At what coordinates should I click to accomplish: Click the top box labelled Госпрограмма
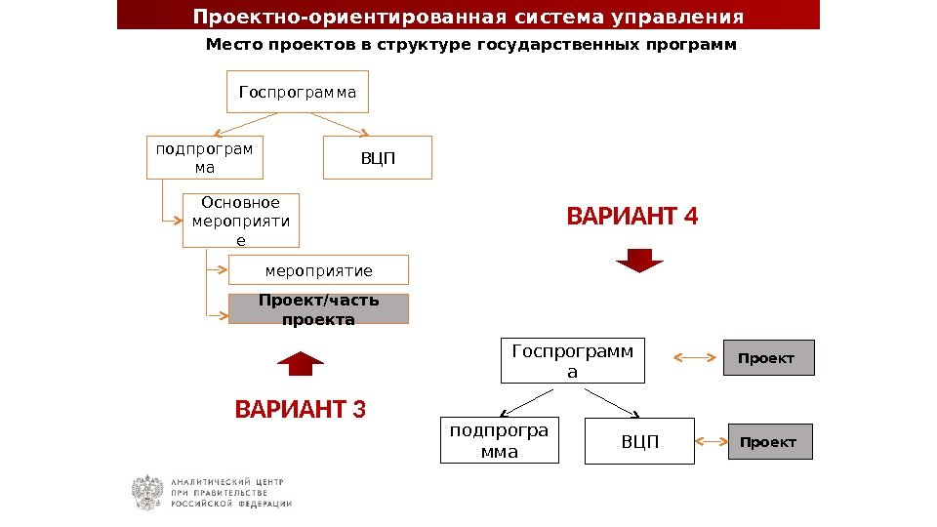[298, 94]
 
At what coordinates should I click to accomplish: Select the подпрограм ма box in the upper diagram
[205, 158]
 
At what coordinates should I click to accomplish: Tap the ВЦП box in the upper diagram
[378, 158]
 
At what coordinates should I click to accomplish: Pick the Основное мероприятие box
[241, 221]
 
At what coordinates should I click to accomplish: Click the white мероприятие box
[318, 270]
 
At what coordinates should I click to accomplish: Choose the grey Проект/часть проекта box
[318, 308]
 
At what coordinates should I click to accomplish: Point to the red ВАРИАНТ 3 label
[301, 408]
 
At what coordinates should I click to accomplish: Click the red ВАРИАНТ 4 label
[632, 215]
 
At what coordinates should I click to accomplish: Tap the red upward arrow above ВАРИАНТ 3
[301, 363]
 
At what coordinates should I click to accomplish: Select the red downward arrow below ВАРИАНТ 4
[640, 260]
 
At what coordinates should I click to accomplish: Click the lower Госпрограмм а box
[573, 360]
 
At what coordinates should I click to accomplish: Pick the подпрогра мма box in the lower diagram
[500, 441]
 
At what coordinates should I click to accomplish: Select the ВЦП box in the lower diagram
[640, 442]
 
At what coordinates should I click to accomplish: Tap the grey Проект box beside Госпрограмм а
[767, 358]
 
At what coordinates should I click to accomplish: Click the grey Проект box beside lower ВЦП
[769, 442]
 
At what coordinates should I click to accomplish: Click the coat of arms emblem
[147, 492]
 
